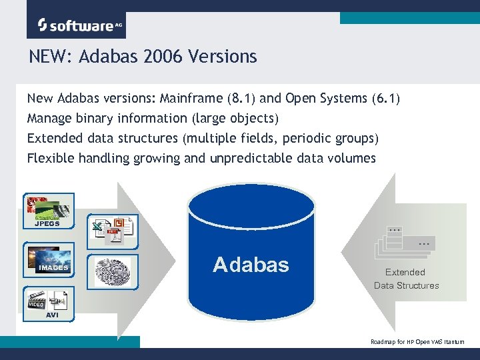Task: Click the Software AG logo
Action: tap(76, 25)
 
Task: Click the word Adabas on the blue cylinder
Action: tap(251, 265)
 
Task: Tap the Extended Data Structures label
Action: tap(406, 279)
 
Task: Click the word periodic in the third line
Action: tap(300, 139)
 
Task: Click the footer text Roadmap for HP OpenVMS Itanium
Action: tap(417, 341)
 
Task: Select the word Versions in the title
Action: tap(222, 57)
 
